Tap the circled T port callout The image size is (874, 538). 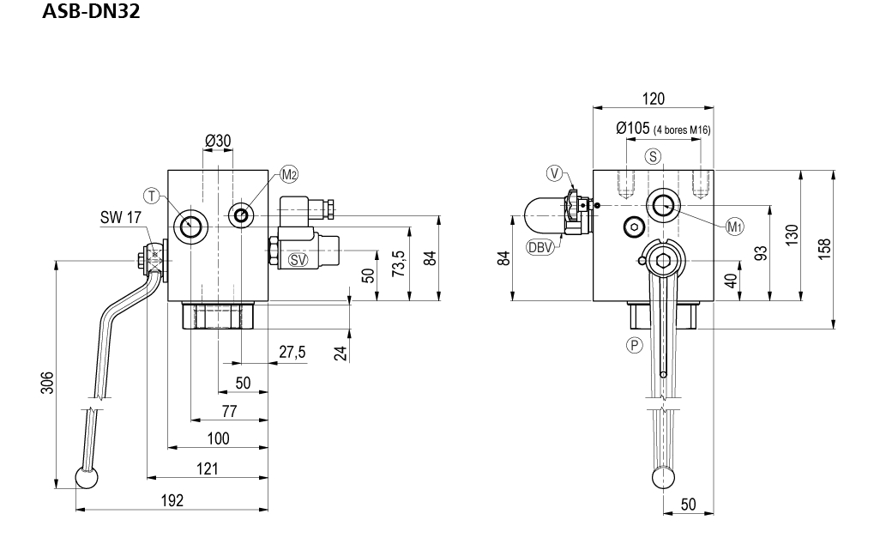152,196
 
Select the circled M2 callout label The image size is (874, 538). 289,175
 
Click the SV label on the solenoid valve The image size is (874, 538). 298,259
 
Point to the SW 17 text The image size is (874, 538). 120,219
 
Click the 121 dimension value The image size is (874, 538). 207,468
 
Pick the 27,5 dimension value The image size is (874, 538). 292,352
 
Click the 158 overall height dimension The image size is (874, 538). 824,248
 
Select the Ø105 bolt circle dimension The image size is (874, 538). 634,129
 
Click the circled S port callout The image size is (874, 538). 654,156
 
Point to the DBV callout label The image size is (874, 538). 538,249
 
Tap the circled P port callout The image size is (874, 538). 635,345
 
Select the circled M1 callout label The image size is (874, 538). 735,227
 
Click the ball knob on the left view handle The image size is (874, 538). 86,478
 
